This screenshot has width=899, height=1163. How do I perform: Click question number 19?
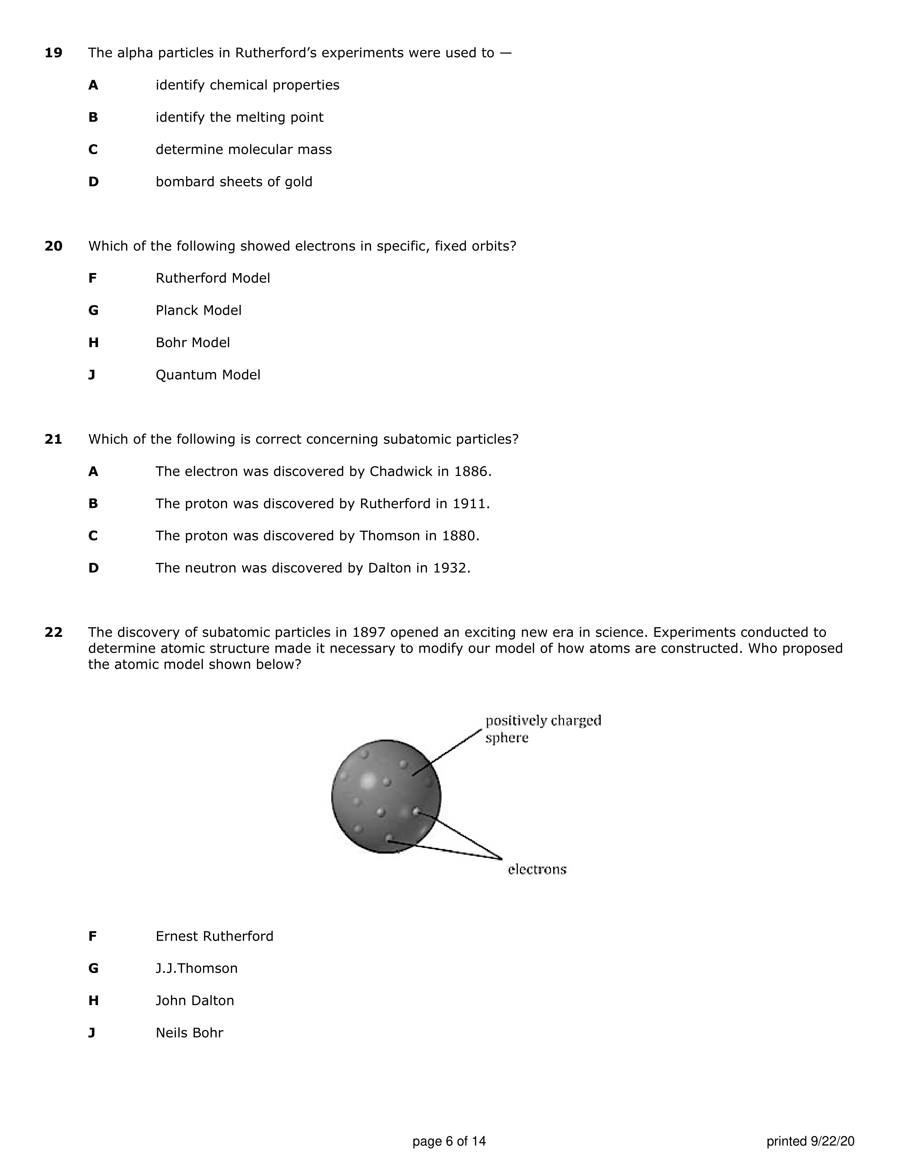[53, 53]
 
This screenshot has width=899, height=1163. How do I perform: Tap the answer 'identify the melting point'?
[239, 117]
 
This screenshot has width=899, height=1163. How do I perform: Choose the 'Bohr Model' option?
[193, 343]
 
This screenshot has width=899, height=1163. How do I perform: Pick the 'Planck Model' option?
[198, 310]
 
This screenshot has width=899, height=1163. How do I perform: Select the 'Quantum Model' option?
[208, 375]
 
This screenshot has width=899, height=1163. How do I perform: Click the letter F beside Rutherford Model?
[93, 278]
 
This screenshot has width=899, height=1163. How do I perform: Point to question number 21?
[53, 439]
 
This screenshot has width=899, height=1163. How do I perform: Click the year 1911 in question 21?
[470, 504]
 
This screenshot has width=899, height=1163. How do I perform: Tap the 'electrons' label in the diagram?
[537, 869]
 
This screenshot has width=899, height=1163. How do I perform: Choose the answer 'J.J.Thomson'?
[196, 968]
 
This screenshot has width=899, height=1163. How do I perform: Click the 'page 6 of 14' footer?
[449, 1141]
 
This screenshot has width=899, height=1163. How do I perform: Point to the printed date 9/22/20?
[832, 1141]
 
